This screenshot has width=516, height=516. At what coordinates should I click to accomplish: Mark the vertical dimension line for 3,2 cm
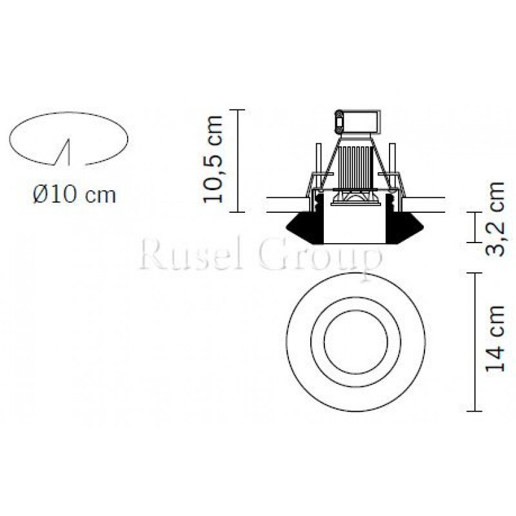475,228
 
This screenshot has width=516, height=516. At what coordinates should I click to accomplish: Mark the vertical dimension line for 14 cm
475,342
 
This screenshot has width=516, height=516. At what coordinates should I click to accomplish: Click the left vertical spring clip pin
316,159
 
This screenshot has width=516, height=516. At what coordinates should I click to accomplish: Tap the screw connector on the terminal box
339,121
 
